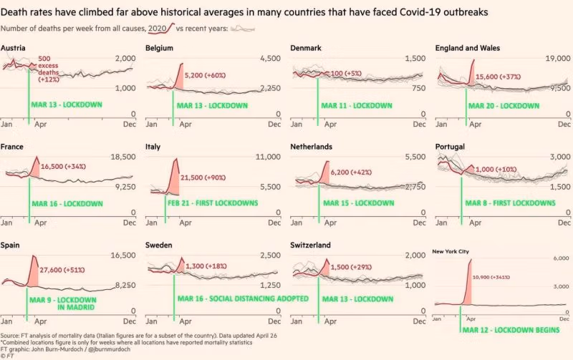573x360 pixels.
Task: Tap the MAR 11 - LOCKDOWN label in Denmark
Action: [357, 105]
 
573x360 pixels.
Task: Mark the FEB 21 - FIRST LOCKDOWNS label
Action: [213, 203]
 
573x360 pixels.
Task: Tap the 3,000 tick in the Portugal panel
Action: [557, 157]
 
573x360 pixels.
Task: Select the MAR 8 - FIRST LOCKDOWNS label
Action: [510, 203]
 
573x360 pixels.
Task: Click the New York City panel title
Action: [455, 251]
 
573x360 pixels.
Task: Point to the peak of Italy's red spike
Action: [175, 160]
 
